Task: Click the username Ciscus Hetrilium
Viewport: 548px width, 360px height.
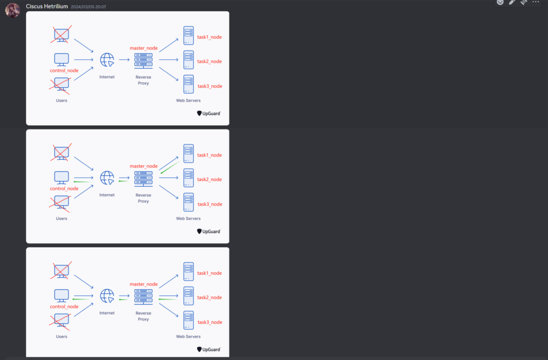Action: [x=47, y=6]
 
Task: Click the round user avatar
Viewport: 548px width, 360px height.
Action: [x=13, y=10]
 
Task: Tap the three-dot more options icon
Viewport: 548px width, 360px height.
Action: [x=536, y=2]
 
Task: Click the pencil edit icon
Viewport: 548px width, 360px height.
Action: [x=512, y=2]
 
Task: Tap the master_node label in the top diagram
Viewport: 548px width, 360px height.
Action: [x=143, y=48]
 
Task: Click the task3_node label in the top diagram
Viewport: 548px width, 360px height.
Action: [x=210, y=86]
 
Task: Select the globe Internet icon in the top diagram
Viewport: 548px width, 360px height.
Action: [x=108, y=59]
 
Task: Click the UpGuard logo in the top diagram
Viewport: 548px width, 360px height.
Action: [x=209, y=113]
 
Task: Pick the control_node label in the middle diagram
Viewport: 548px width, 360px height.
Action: [x=64, y=188]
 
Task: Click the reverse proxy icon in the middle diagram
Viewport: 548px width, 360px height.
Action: [x=143, y=178]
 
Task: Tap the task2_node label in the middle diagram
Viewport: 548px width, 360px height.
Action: [x=210, y=179]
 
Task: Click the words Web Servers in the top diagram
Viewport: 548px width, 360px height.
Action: [x=188, y=101]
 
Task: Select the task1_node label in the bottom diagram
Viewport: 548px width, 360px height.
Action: [x=210, y=273]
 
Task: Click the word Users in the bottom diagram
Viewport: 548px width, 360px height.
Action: [x=62, y=336]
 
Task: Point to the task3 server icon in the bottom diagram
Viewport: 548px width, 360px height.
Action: [x=188, y=320]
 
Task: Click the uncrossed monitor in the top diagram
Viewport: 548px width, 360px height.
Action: [x=62, y=59]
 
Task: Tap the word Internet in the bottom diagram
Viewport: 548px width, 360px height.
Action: [x=107, y=313]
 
